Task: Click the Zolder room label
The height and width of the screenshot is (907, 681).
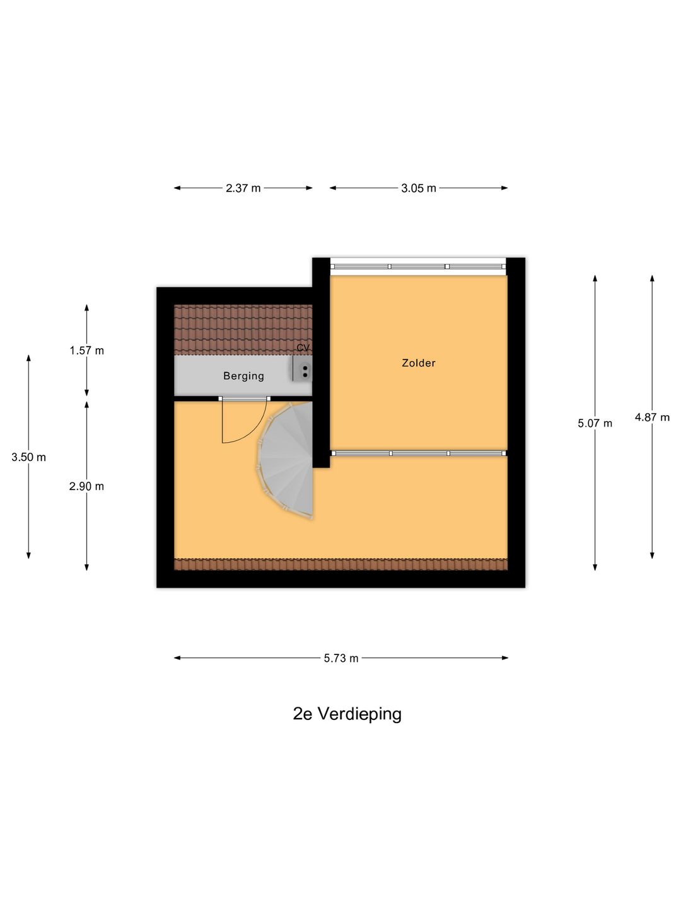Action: (419, 363)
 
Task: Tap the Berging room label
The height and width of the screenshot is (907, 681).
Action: (243, 376)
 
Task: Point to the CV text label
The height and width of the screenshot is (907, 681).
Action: (303, 348)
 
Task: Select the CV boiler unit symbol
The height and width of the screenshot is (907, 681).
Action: (303, 368)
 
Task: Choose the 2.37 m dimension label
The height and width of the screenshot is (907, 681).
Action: (243, 188)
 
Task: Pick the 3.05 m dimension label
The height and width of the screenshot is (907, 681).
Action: (419, 188)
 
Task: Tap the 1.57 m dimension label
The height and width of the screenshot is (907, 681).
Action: (87, 351)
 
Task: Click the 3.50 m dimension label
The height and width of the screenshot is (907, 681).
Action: (28, 457)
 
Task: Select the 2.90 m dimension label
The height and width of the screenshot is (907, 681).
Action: (86, 486)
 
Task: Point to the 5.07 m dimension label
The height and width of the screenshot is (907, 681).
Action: (595, 423)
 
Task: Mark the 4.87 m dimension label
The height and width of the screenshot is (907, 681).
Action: (652, 418)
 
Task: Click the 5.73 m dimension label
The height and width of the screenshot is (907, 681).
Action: (341, 658)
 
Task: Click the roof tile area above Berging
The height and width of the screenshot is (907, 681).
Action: (243, 330)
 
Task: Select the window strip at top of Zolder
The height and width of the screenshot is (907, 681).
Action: (418, 266)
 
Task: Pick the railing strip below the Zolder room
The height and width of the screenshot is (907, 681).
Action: (419, 453)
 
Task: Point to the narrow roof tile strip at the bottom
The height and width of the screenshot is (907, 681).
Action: (340, 564)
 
